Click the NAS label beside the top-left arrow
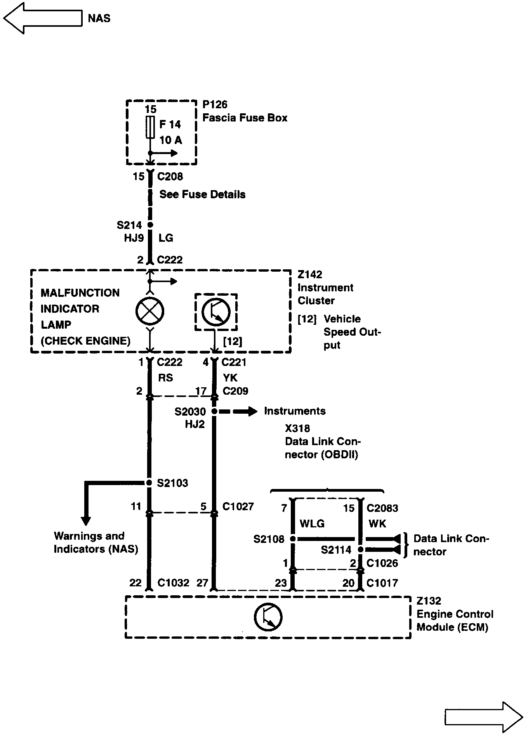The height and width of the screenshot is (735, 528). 99,18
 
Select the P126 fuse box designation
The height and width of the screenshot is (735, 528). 215,104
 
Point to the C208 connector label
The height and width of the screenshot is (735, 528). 170,177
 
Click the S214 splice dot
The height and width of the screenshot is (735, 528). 150,225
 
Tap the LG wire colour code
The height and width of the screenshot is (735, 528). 166,238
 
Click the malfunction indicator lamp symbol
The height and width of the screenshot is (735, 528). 150,311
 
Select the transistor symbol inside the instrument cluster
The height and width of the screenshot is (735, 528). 216,311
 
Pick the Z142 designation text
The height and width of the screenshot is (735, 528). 310,275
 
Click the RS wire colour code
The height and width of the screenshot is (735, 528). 165,378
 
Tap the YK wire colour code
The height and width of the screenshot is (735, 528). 230,378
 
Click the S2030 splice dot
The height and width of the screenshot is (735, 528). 214,411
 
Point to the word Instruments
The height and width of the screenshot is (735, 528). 295,411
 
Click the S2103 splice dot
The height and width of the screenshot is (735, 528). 149,483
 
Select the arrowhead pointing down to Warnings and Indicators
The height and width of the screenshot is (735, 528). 86,520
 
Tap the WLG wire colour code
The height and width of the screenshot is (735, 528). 312,524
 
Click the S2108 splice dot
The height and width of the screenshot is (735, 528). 293,539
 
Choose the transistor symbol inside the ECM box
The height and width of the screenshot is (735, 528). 268,617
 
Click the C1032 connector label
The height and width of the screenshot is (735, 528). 173,582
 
